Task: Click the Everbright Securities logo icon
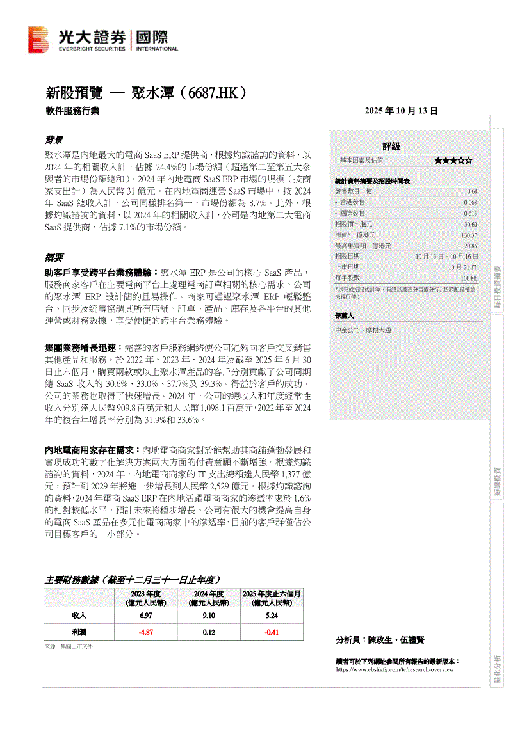pos(38,40)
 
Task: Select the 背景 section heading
pos(53,139)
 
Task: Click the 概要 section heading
pos(53,258)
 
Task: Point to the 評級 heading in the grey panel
pos(391,147)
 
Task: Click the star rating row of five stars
pos(453,160)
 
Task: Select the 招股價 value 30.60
pos(471,224)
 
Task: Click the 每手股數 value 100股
pos(469,278)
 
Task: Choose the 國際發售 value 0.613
pos(471,213)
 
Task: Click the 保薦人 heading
pos(345,315)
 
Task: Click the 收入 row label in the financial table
pos(79,616)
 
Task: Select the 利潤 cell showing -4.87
pos(146,632)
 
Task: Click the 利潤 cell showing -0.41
pos(272,632)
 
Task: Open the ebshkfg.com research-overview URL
pos(395,669)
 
